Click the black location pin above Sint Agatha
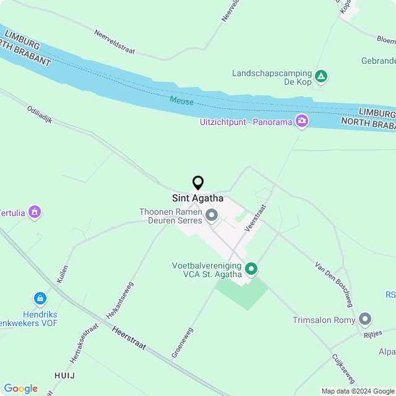click(198, 183)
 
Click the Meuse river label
click(182, 101)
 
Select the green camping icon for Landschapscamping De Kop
click(321, 77)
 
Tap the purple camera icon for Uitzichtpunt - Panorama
click(301, 121)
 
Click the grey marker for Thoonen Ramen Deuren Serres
click(212, 215)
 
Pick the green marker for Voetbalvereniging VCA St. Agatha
click(251, 269)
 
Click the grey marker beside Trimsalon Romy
click(365, 319)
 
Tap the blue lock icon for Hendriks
click(40, 299)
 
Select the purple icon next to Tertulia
click(35, 212)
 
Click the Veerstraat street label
click(255, 218)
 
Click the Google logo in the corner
click(20, 388)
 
